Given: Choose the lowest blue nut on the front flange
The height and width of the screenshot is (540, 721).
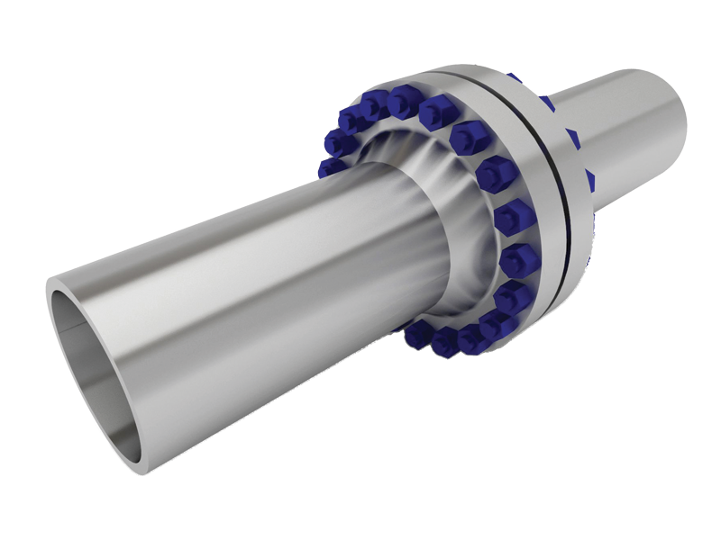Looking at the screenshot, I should [x=446, y=340].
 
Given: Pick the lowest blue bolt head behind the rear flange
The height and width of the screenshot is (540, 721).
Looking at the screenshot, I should [x=588, y=261].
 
